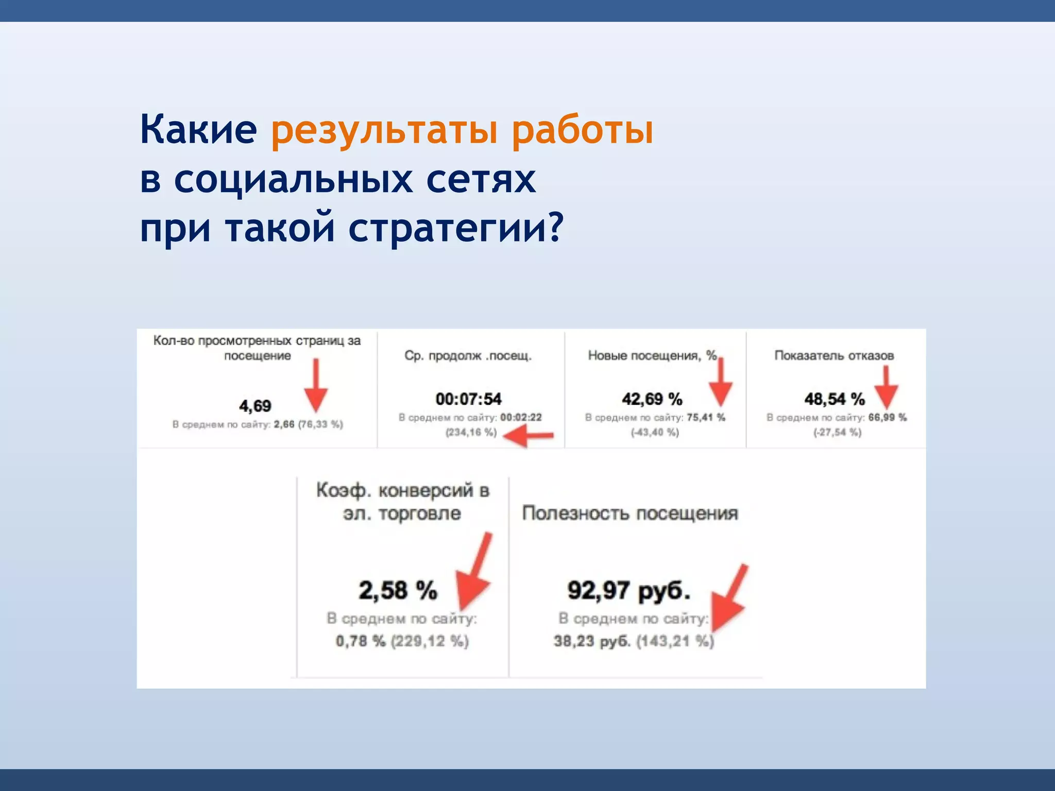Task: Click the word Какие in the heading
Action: (198, 130)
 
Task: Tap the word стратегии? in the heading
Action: (456, 228)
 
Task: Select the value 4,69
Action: (255, 406)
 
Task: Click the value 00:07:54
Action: (468, 399)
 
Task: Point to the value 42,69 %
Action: (652, 399)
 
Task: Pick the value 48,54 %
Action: (834, 399)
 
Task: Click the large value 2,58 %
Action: (398, 591)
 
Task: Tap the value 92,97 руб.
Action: (628, 591)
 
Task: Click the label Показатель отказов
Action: (834, 356)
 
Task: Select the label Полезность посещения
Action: (629, 513)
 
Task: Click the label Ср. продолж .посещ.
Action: (468, 356)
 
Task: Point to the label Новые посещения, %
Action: (652, 356)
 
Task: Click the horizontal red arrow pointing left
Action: (528, 437)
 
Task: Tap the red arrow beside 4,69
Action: (316, 386)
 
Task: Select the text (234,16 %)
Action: (471, 433)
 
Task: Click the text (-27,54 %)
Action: (837, 433)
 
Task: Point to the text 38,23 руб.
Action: (591, 642)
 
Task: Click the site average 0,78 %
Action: (361, 642)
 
